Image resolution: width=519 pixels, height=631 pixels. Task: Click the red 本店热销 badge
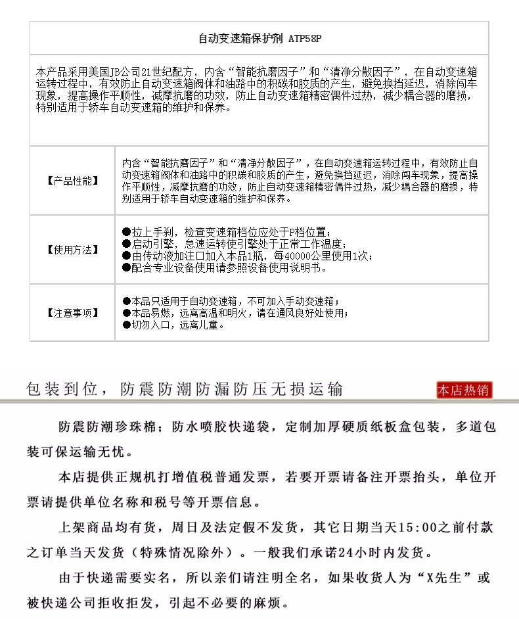(x=464, y=390)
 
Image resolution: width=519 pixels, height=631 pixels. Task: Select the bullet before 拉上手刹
(x=127, y=232)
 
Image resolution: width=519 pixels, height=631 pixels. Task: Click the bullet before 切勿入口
(x=127, y=325)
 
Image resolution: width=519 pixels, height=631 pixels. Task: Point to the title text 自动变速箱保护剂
(x=240, y=39)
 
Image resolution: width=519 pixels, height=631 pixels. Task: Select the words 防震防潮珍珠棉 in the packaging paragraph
(x=107, y=427)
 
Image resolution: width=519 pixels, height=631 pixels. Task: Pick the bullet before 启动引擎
(x=127, y=244)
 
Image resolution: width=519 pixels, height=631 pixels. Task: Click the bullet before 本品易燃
(x=127, y=313)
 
